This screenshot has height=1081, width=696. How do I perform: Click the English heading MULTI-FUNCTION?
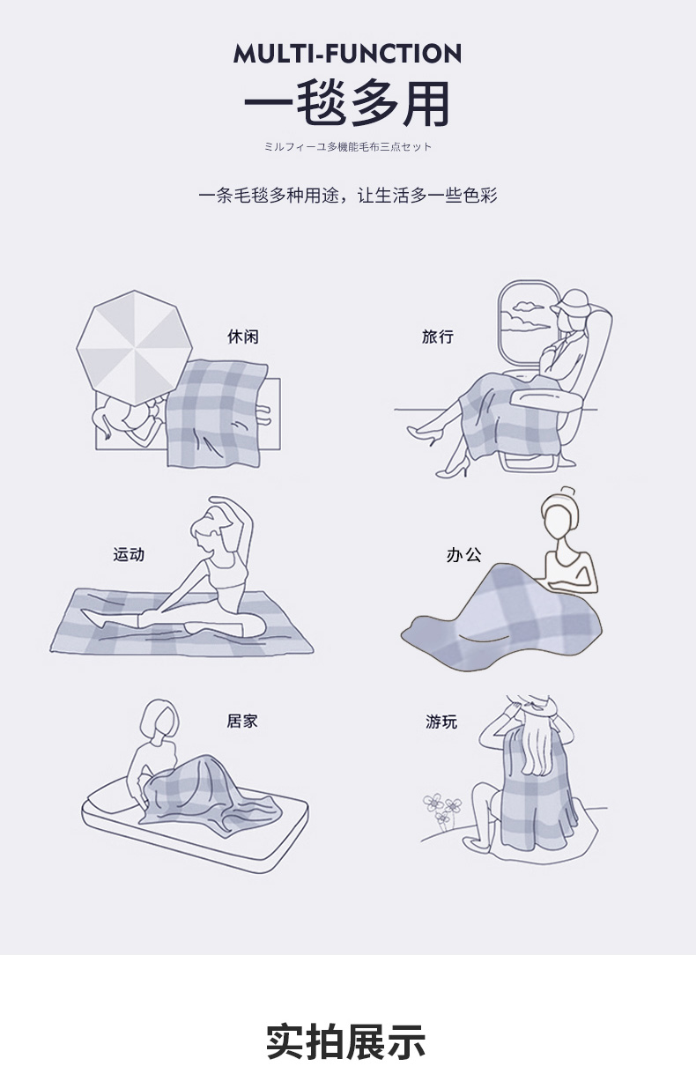347,54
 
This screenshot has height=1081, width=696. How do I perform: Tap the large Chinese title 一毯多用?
347,104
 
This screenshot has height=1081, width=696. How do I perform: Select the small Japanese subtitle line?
347,147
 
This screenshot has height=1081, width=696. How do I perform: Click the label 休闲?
243,337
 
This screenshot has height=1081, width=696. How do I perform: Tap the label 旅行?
438,337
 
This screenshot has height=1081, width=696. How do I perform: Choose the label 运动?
129,554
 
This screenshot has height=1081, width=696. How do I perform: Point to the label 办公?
463,555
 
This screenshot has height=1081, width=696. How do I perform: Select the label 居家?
242,721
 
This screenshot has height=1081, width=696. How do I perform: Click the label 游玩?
441,722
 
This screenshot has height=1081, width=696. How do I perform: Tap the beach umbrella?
134,347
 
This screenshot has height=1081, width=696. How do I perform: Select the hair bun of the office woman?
569,493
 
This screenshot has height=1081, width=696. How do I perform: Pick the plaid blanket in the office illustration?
502,619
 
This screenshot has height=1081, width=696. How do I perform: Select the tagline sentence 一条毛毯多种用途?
269,196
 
